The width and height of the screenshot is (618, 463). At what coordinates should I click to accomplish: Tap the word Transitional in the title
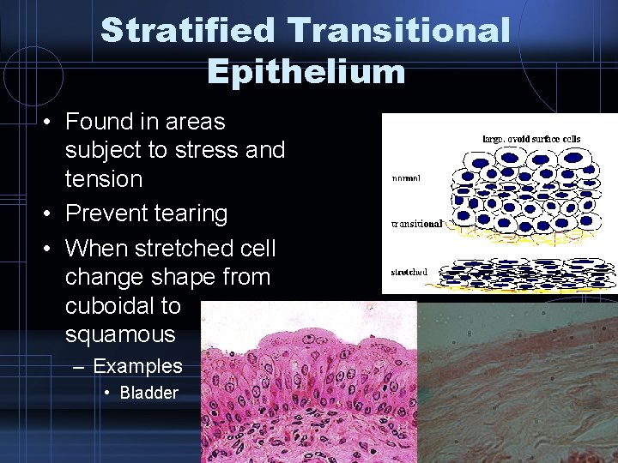(400, 31)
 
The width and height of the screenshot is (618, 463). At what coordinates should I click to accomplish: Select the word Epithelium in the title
(306, 71)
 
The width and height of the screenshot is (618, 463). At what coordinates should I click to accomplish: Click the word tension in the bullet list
(103, 179)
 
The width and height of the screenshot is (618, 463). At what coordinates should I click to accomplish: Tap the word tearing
(193, 213)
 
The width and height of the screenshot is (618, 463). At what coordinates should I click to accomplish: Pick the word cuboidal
(123, 306)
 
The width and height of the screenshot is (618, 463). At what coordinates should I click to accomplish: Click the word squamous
(119, 334)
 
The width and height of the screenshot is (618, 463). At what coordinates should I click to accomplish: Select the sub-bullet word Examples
(137, 366)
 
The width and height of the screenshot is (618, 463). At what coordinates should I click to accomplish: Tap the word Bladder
(148, 393)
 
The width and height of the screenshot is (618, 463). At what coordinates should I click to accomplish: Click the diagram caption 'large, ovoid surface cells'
(532, 138)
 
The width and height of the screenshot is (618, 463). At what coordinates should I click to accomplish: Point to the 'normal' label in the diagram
(406, 179)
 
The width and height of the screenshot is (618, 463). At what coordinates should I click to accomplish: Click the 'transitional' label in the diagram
(416, 223)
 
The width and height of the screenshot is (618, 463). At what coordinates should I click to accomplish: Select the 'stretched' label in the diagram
(409, 272)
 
